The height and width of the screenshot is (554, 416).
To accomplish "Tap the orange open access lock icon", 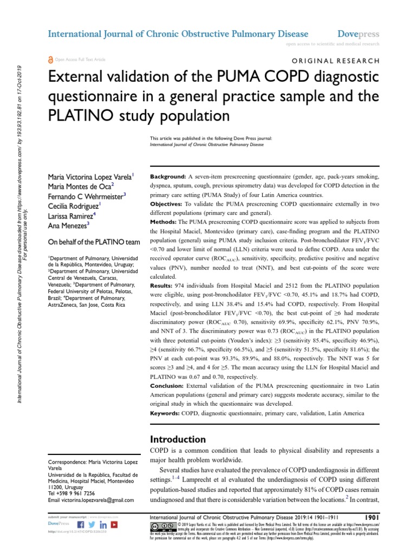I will pos(51,60).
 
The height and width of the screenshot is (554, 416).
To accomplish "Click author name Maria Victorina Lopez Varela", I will pos(90,177).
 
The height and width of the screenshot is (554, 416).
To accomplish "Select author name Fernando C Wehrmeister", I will pos(87,195).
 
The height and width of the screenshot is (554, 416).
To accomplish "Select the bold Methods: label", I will pos(164,222).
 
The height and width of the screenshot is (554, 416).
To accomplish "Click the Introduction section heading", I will pos(177,439).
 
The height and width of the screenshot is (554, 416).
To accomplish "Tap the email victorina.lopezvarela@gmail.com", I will pos(90,500).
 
